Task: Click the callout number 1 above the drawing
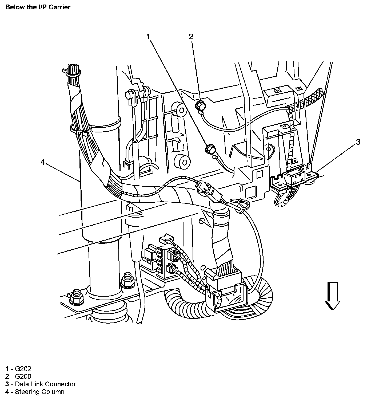coord(149,37)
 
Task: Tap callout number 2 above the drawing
coord(191,37)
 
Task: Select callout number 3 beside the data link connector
coord(358,142)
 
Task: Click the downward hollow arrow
coord(332,296)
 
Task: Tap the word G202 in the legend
coord(23,369)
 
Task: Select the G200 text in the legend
coord(23,376)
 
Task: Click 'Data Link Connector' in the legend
coord(45,384)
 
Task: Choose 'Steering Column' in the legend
coord(40,392)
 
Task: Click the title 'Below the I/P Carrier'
coord(38,7)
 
